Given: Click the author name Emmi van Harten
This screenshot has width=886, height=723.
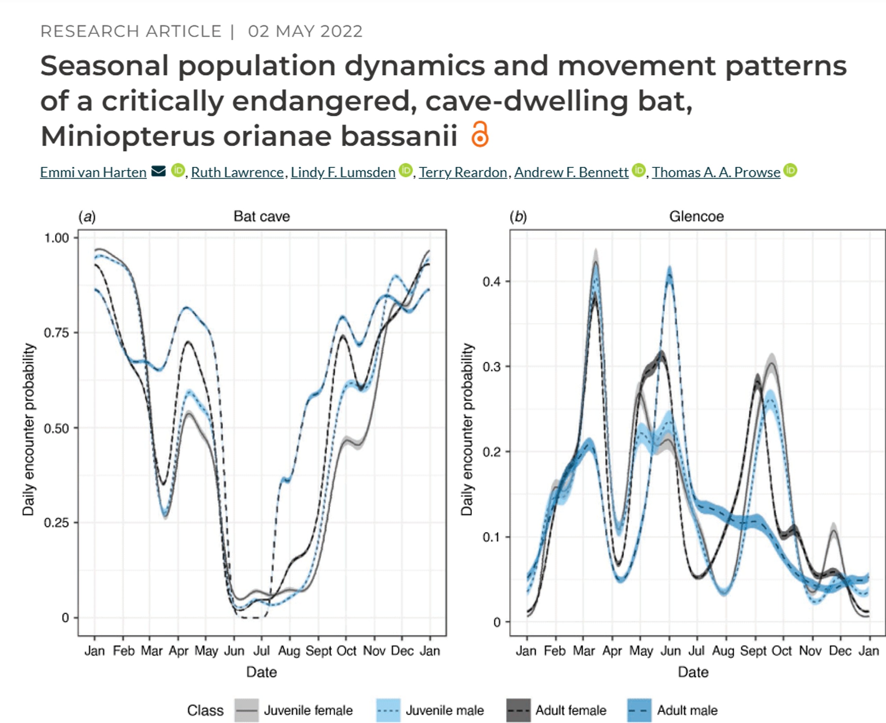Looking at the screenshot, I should (93, 172).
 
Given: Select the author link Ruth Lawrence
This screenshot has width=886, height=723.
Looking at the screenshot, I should (237, 172).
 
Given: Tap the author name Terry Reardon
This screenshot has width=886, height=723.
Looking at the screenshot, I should (463, 172).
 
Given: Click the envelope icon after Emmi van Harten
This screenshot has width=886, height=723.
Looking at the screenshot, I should (158, 171).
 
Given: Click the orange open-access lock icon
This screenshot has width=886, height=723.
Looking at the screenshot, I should (480, 134).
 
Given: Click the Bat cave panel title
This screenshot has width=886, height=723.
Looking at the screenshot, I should (261, 217).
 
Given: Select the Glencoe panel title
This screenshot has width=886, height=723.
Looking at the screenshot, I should (696, 217).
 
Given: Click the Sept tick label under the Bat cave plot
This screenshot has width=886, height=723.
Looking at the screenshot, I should (318, 650).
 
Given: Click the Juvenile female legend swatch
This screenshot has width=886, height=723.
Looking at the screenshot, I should (246, 710).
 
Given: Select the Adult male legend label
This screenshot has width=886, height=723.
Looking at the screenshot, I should (687, 710).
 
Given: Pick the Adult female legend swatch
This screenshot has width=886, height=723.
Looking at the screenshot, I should (519, 710).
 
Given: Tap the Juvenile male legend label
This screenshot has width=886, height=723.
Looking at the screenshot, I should (445, 710).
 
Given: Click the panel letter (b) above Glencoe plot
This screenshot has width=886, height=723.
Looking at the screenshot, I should (518, 217).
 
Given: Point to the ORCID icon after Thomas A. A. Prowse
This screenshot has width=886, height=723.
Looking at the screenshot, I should (790, 171).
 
